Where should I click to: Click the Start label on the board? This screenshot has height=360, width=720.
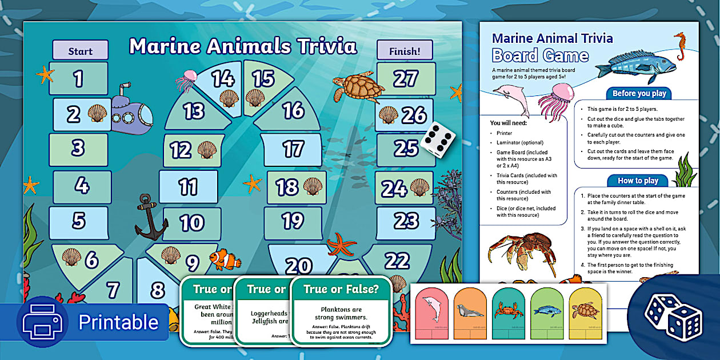click(80, 51)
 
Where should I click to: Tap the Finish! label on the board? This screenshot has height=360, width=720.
click(405, 51)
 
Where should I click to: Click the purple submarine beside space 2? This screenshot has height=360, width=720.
click(130, 110)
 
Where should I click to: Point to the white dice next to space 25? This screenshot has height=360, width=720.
click(438, 139)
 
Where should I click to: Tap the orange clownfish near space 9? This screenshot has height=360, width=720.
click(225, 259)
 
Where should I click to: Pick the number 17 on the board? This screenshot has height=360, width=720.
click(293, 149)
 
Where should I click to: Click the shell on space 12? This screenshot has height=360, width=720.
click(206, 150)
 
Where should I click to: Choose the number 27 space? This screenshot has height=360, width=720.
click(406, 79)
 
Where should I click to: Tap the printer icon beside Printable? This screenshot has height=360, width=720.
click(42, 322)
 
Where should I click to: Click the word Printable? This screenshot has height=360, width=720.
click(118, 322)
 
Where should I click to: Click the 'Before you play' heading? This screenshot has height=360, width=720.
click(639, 93)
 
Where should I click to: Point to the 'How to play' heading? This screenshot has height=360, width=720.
click(638, 181)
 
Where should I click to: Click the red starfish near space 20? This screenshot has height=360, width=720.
click(341, 244)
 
